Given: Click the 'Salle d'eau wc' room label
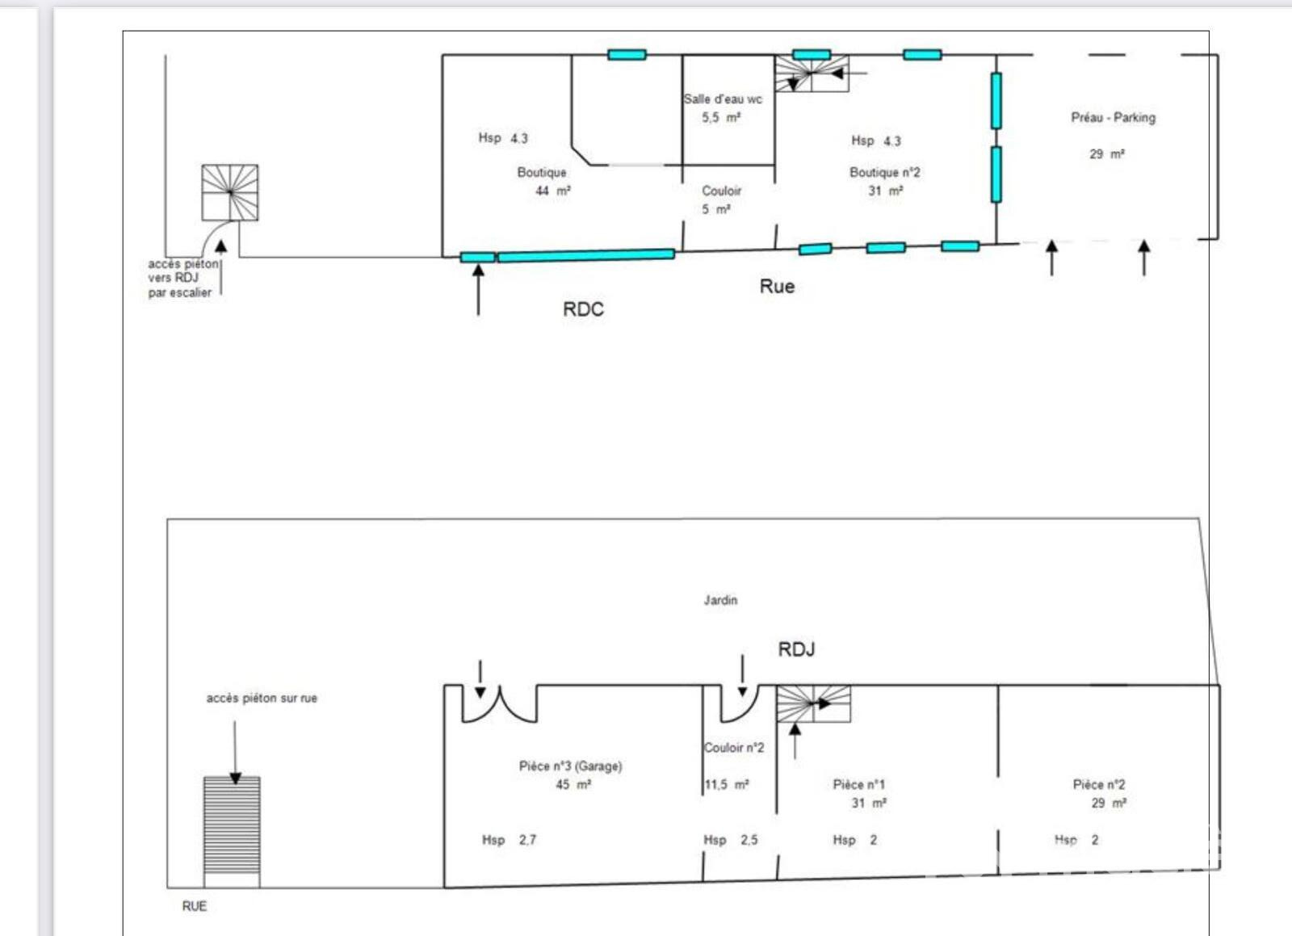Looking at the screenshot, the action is point(723,99).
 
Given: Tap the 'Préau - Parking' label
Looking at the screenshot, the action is point(1114,118).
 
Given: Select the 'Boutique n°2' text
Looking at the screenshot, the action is point(885,173).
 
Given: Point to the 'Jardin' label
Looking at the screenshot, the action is point(720,600).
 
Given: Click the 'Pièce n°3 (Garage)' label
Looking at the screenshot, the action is point(570,766).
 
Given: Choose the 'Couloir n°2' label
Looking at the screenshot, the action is point(734,748).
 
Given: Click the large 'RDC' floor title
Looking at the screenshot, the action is point(583,309).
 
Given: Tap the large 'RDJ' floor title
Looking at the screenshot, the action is point(796,649).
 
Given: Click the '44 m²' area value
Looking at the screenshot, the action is point(553,191).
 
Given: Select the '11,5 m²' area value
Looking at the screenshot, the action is point(727,785).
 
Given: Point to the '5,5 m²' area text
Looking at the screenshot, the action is point(721,118).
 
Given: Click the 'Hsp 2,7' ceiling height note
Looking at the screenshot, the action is point(510,840).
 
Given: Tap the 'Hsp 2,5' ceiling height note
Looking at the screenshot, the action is point(731,840).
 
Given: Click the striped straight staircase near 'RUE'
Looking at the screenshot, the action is point(232,832).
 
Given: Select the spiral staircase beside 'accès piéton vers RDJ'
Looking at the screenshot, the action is point(230,193).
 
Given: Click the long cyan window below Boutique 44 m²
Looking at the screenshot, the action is point(586,255).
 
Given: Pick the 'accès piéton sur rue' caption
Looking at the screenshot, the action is point(262,699).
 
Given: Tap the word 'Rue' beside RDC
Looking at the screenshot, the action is point(777,286).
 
